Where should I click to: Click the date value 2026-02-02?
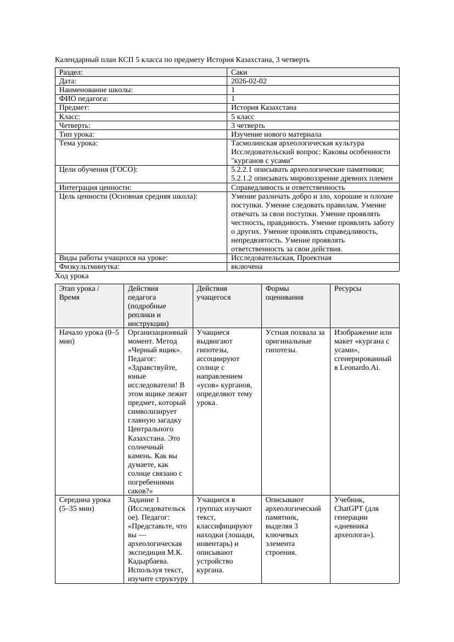click(249, 81)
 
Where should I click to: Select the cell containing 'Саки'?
click(239, 72)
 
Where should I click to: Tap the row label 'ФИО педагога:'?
click(83, 99)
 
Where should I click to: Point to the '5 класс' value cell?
click(243, 117)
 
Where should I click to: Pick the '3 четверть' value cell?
click(248, 126)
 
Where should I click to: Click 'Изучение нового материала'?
click(276, 134)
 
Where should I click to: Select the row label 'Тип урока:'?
click(77, 134)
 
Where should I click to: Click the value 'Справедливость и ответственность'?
click(288, 188)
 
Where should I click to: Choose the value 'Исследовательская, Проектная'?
click(281, 258)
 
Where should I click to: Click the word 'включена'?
click(246, 267)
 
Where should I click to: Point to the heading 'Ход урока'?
click(72, 276)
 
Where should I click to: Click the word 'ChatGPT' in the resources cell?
click(348, 509)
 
